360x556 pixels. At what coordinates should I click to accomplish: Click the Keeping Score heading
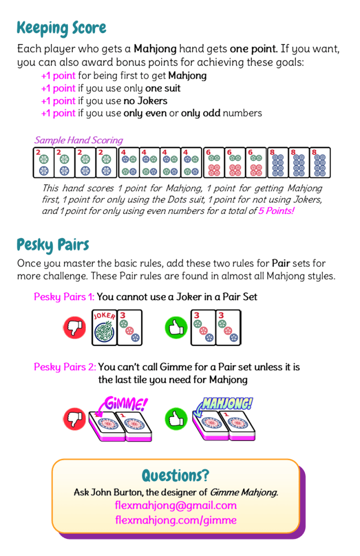61,28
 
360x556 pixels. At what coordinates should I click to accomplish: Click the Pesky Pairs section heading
53,245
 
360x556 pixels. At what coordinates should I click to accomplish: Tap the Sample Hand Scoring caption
79,141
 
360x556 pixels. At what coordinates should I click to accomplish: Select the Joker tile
104,327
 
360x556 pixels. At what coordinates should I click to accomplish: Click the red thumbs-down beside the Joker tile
74,327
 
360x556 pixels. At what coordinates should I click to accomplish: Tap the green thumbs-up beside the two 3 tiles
176,327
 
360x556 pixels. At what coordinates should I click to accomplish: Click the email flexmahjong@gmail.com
176,506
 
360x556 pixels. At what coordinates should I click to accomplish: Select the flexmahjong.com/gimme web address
176,520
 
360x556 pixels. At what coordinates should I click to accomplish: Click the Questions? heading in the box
175,476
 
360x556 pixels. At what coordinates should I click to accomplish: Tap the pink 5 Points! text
276,211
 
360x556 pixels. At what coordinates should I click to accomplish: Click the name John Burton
117,492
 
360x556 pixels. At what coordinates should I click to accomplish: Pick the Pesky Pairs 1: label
64,297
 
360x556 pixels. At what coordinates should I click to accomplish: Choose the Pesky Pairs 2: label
65,367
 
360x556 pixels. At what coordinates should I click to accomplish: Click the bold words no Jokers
146,101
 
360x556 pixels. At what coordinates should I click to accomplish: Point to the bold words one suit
163,89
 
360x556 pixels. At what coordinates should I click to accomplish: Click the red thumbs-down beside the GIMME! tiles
74,419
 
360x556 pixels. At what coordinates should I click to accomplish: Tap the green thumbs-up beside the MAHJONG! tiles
176,419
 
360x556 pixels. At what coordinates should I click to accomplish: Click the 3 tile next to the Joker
130,327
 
